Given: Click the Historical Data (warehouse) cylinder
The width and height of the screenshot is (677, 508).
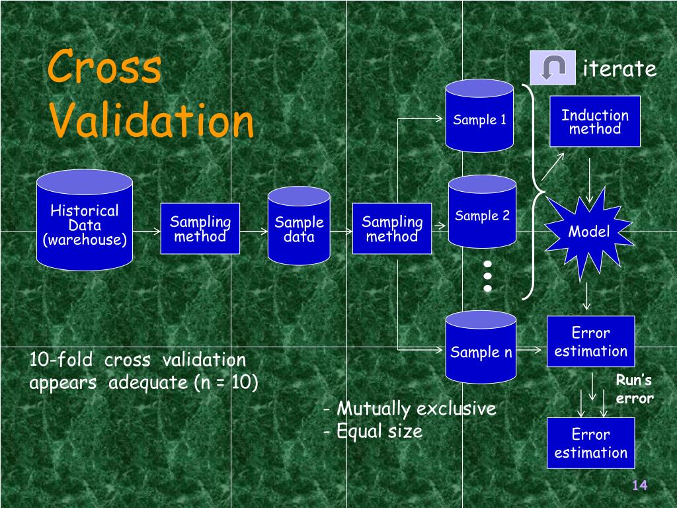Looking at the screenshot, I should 85,221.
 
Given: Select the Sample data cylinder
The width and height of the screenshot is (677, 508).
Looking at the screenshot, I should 299,226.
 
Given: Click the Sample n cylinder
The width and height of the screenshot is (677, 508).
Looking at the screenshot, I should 481,348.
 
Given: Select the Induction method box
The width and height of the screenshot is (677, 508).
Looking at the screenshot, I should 594,121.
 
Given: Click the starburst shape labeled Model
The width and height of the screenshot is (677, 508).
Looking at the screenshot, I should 588,232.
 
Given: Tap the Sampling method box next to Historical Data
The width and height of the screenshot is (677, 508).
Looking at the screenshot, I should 200,229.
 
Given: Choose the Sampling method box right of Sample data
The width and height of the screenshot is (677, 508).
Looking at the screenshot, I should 391,229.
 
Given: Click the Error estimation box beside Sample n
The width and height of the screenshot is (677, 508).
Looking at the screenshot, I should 590,341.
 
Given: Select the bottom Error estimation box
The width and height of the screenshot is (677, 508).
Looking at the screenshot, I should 590,443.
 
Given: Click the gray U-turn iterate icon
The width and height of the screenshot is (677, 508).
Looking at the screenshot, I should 552,67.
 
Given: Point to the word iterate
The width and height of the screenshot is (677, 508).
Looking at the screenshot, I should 619,69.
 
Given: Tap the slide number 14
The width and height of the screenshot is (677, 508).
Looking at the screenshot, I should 639,486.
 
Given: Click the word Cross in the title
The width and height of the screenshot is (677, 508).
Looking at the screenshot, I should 104,67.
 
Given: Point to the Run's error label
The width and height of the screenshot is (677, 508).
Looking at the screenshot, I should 634,389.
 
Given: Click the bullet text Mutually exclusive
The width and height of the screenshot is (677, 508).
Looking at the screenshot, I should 415,409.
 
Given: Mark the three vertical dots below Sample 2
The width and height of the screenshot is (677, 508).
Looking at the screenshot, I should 488,275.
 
